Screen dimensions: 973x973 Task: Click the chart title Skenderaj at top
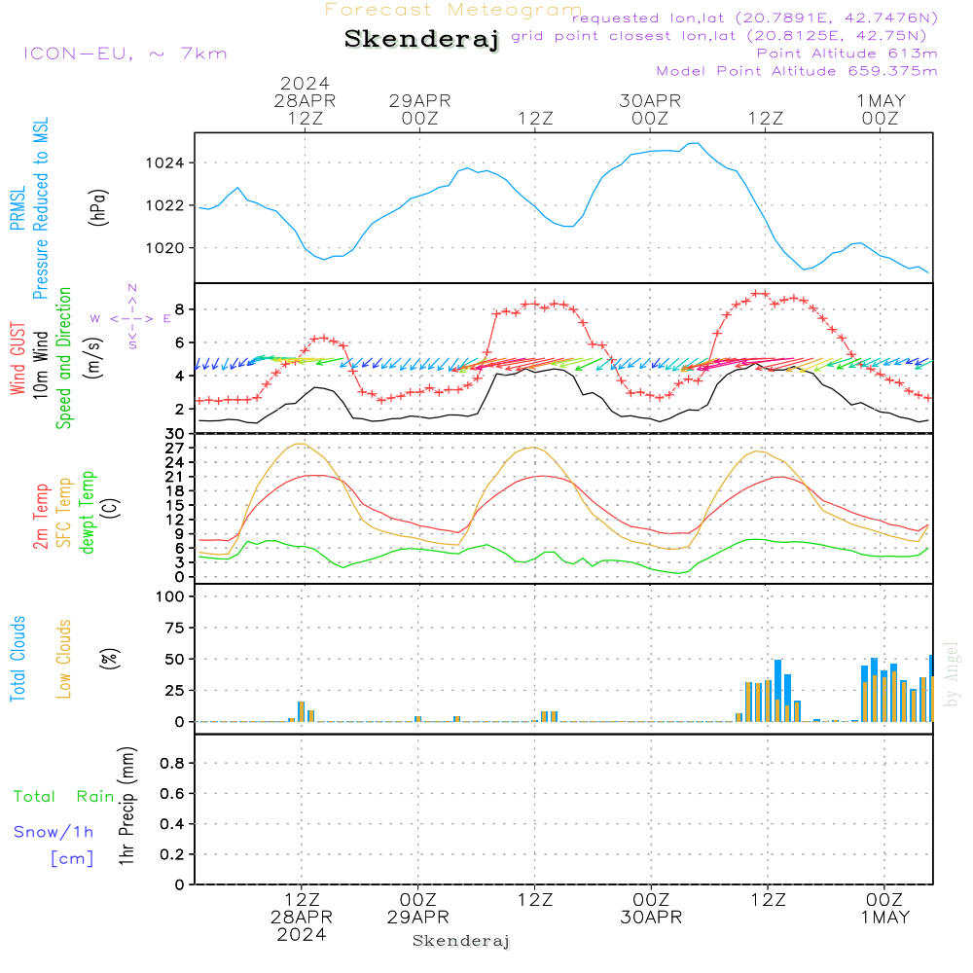[x=421, y=40]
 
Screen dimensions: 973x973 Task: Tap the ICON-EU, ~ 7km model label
[x=125, y=54]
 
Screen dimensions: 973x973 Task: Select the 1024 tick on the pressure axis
[x=172, y=162]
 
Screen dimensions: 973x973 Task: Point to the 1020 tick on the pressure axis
[x=172, y=247]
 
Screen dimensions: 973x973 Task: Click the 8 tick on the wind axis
[x=180, y=309]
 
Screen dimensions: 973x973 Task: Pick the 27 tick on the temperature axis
[x=176, y=449]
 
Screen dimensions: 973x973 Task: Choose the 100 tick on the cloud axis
[x=169, y=596]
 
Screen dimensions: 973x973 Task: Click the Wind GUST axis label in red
[x=18, y=361]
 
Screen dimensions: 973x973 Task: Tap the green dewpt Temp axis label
[x=89, y=513]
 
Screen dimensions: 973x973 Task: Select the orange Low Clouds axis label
[x=64, y=659]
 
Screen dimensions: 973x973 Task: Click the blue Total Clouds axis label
[x=18, y=659]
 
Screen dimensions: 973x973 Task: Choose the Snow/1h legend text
[x=54, y=833]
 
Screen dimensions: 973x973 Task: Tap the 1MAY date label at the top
[x=881, y=100]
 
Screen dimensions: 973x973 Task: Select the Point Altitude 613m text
[x=847, y=54]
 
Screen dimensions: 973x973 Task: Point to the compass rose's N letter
[x=132, y=288]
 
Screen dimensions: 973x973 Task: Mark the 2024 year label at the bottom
[x=301, y=934]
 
